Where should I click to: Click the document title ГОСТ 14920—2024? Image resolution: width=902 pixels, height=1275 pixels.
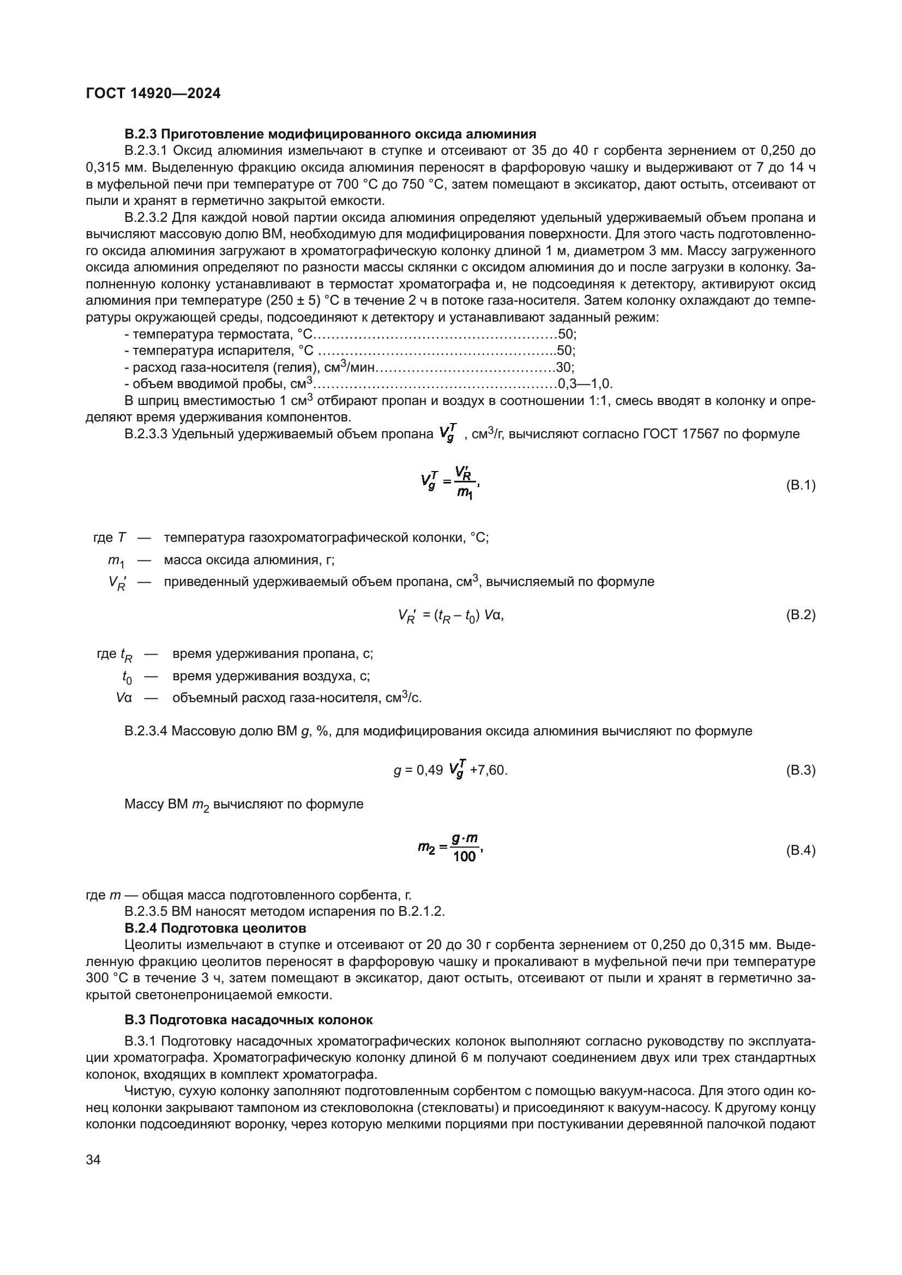(x=153, y=94)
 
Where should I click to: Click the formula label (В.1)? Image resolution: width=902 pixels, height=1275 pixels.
(x=801, y=485)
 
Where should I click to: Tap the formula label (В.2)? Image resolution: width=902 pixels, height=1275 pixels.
(x=801, y=615)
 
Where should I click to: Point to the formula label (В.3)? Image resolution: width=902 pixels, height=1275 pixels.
(x=801, y=770)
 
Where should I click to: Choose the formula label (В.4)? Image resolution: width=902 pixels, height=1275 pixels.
(x=801, y=850)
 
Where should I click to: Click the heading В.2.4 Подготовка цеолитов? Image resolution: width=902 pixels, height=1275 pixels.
(x=215, y=928)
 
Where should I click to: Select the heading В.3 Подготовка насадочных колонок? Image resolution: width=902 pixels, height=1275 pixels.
(x=248, y=1020)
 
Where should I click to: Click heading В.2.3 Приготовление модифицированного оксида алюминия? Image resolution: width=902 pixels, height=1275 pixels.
(x=330, y=134)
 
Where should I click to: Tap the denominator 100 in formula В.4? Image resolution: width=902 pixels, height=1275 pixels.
(x=464, y=857)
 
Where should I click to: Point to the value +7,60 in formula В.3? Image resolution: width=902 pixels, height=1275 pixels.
(x=488, y=771)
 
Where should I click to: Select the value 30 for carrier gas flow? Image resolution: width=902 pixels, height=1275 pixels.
(x=564, y=367)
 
